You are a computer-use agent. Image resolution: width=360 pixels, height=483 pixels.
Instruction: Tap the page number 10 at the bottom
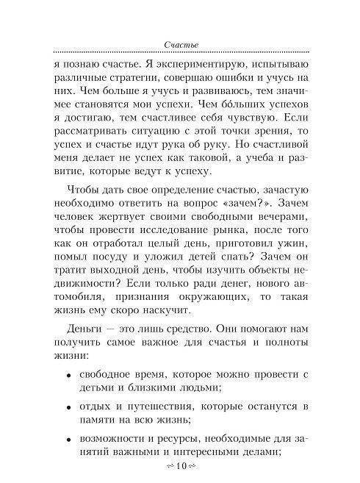[180, 468]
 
